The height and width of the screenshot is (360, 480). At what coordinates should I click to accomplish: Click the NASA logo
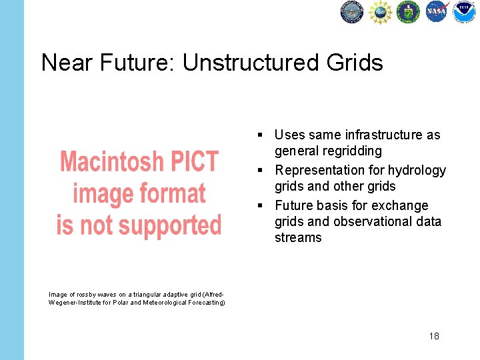(437, 12)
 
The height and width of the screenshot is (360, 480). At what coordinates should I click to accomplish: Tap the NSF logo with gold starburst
(380, 12)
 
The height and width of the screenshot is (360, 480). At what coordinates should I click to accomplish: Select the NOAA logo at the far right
(464, 12)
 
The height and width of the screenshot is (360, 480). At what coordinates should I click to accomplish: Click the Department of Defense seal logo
(352, 12)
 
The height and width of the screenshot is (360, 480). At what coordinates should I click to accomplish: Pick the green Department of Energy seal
(408, 12)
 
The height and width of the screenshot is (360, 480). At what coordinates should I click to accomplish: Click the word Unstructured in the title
(250, 63)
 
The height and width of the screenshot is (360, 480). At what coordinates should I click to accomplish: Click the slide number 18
(434, 336)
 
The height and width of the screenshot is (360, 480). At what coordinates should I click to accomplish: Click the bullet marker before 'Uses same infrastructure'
(265, 135)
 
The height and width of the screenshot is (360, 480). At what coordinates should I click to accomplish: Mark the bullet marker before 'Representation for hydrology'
(265, 171)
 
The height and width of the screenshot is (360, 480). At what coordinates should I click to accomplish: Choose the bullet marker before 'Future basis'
(265, 206)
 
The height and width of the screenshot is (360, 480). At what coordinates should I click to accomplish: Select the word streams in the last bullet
(298, 238)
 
